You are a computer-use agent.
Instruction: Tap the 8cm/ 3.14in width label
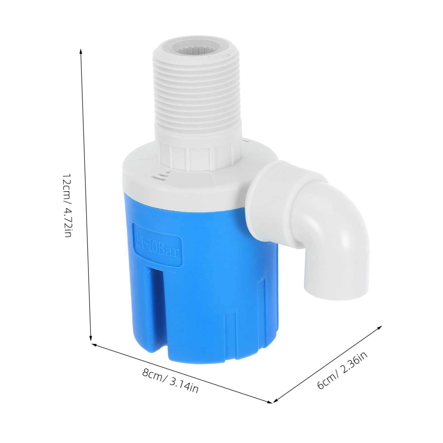pyautogui.click(x=171, y=382)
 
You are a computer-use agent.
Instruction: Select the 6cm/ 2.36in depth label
pyautogui.click(x=342, y=370)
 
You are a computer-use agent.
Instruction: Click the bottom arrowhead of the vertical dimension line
pyautogui.click(x=90, y=338)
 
